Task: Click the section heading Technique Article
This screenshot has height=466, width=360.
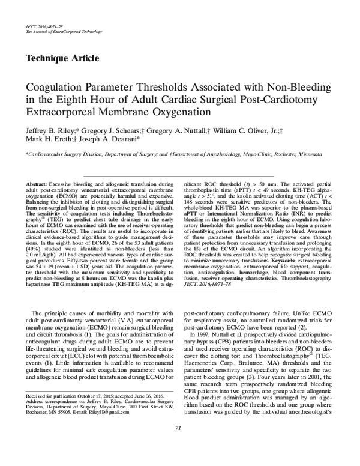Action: pyautogui.click(x=62, y=58)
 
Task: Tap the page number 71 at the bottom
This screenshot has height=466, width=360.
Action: pyautogui.click(x=178, y=444)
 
